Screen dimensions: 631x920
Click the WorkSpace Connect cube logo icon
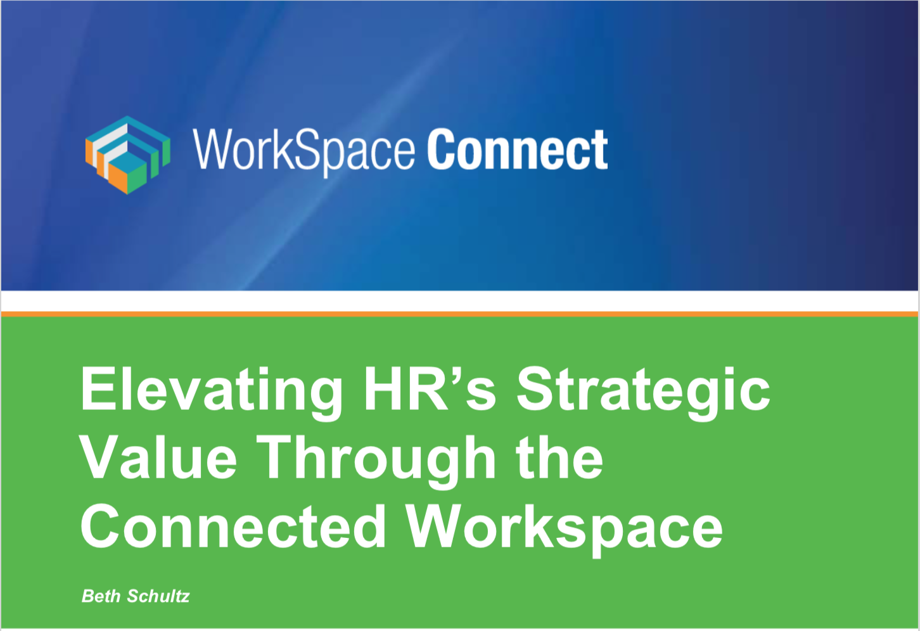pos(128,154)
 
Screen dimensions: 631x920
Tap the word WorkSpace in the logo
pos(304,150)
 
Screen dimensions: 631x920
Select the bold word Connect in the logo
pos(518,150)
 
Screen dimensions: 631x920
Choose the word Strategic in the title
pos(643,391)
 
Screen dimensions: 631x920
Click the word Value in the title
pos(159,458)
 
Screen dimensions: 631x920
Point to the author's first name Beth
pos(101,596)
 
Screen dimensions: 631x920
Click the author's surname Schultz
pos(158,596)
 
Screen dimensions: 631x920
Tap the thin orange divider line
pos(460,314)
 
